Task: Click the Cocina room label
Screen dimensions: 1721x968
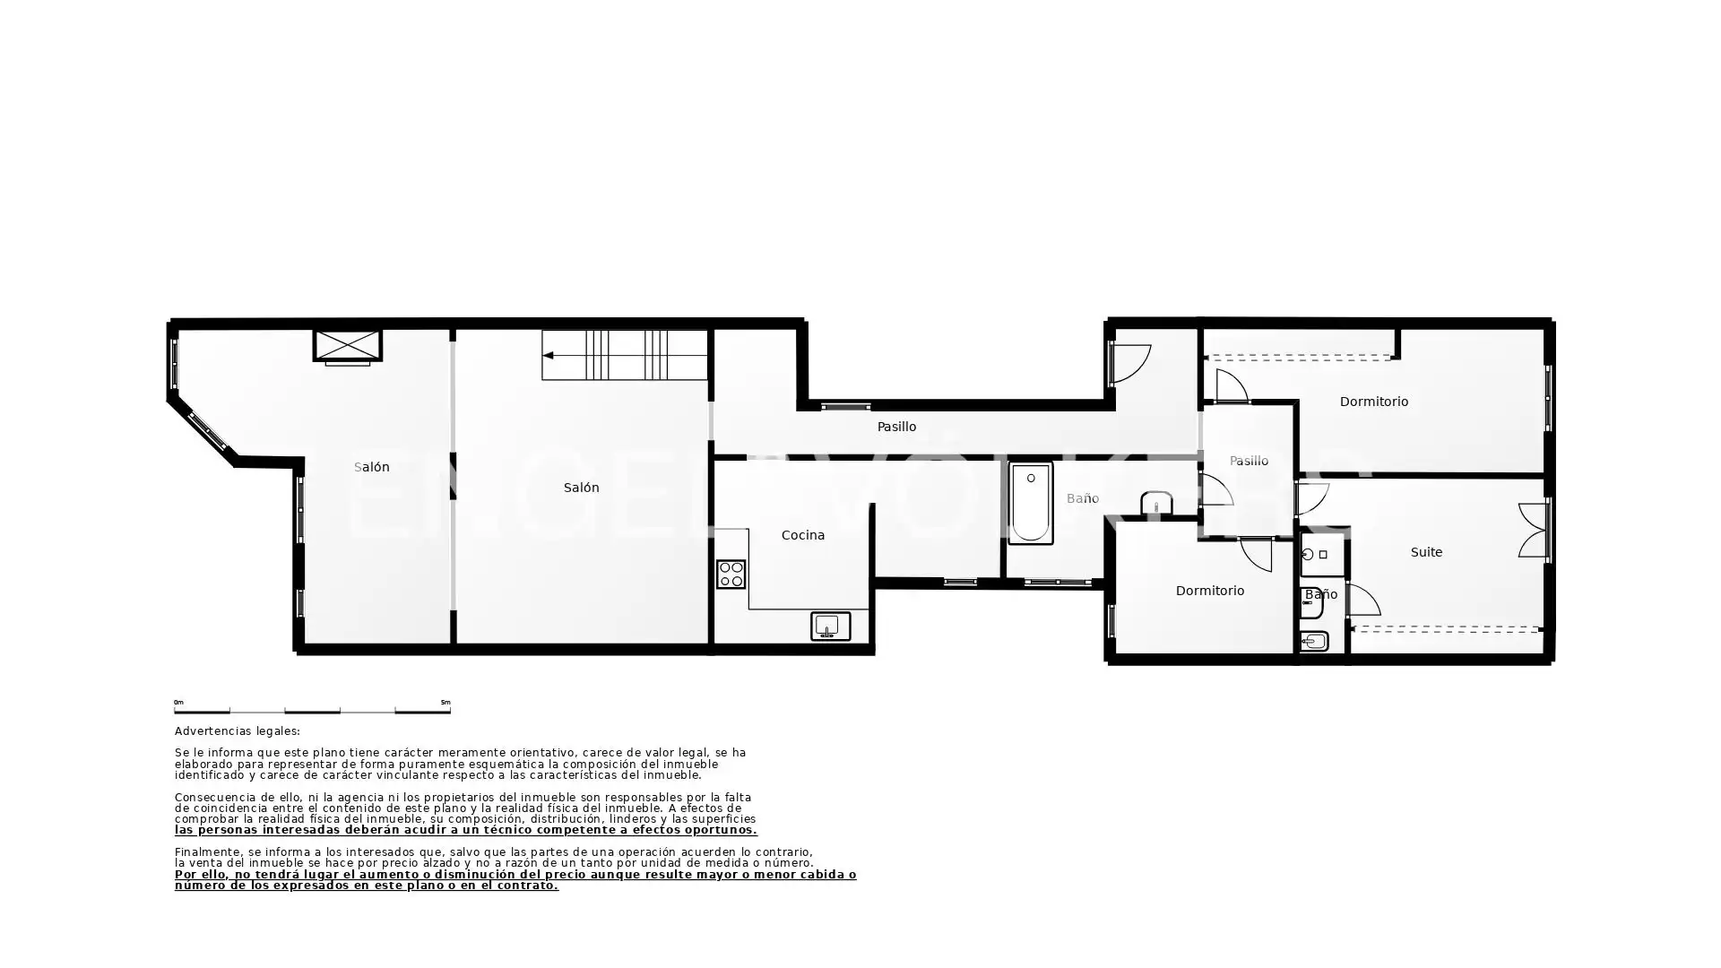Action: coord(802,535)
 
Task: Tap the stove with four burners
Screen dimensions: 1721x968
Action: coord(731,574)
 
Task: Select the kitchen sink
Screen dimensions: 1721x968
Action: coord(830,626)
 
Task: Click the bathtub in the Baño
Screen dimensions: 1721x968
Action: coord(1031,503)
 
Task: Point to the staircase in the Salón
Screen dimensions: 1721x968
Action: coord(625,355)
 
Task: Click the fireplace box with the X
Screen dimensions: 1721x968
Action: coord(347,346)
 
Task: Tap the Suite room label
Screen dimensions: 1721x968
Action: coord(1426,552)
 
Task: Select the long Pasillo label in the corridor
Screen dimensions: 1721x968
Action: coord(896,427)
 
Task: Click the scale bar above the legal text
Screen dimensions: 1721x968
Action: coord(312,711)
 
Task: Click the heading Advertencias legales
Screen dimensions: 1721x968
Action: coord(238,731)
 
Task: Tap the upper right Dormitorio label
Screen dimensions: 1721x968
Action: coord(1373,402)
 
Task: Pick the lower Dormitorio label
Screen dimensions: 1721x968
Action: coord(1210,591)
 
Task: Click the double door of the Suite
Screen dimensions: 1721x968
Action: coord(1533,531)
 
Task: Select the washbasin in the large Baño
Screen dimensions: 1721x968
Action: coord(1156,503)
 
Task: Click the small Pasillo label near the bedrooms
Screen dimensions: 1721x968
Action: coord(1249,461)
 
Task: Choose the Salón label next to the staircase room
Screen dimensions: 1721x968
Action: coord(581,488)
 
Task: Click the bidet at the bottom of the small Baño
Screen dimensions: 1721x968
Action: coord(1314,641)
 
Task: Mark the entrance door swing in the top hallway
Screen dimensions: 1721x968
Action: coord(1130,364)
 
